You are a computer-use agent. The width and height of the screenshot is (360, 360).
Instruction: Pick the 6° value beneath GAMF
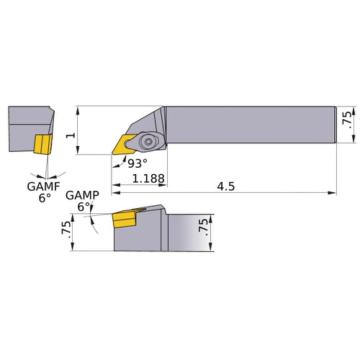click(45, 197)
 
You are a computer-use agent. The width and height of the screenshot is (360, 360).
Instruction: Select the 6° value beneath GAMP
click(84, 207)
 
